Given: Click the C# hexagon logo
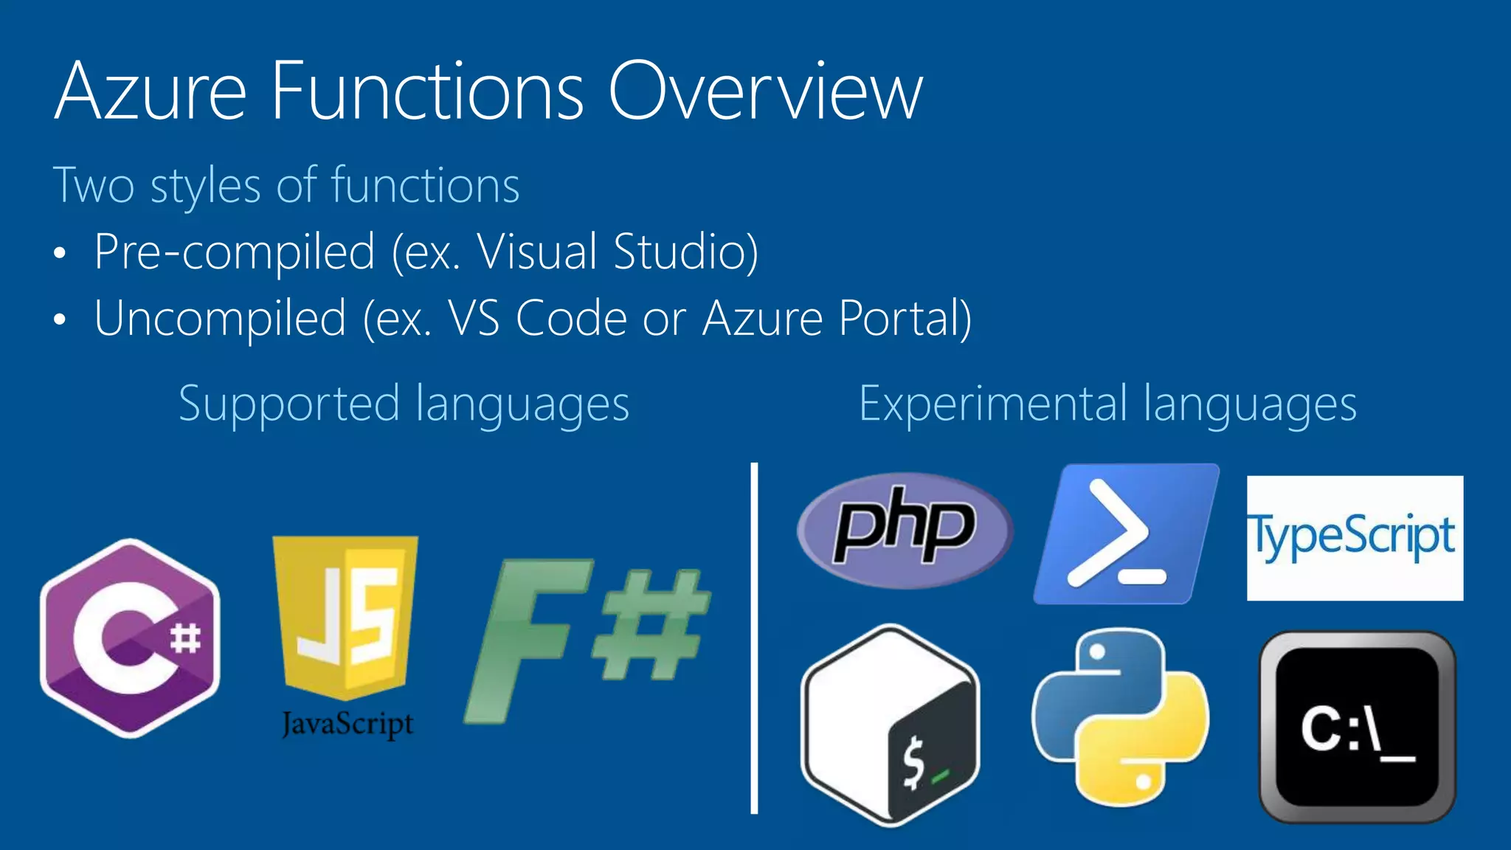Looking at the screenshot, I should coord(131,638).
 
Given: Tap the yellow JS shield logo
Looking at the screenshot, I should coord(345,616).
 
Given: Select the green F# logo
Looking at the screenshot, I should coord(587,638).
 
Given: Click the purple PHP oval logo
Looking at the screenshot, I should coord(905,530).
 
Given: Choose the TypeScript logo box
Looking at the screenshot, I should coord(1355,538).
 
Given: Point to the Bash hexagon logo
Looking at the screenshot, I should coord(891,725).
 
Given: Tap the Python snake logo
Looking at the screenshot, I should coord(1120,716).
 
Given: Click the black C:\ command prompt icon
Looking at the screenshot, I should coord(1357,727).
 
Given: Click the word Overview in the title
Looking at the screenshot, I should coord(765,91).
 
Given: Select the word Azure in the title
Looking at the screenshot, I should coord(151,91).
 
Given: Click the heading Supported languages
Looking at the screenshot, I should coord(404,404).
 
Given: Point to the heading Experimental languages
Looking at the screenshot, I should coord(1107,404).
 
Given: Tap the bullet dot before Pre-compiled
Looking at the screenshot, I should coord(60,254).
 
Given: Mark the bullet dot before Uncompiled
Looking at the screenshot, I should coord(60,320).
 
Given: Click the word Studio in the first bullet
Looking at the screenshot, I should coord(685,252).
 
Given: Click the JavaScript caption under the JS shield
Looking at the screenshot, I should coord(348,724).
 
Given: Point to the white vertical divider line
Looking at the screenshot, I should coord(754,638).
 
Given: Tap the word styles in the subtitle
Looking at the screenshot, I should coord(206,186).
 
